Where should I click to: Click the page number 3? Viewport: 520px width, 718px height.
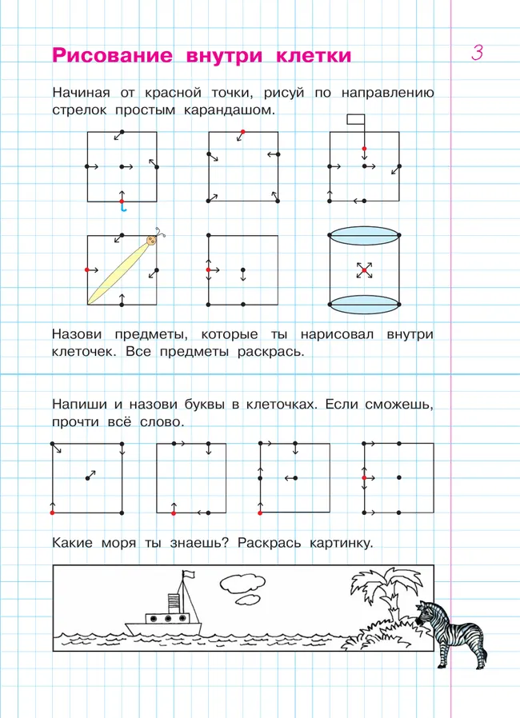pyautogui.click(x=477, y=54)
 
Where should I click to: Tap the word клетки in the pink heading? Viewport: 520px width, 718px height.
pyautogui.click(x=312, y=55)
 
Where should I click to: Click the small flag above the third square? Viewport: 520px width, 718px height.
pyautogui.click(x=355, y=119)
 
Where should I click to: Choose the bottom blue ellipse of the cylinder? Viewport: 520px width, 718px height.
pyautogui.click(x=364, y=303)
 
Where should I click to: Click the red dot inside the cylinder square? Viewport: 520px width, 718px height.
pyautogui.click(x=364, y=270)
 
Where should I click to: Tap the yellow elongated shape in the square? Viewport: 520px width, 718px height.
pyautogui.click(x=118, y=271)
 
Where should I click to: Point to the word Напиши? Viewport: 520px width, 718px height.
pyautogui.click(x=80, y=405)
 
